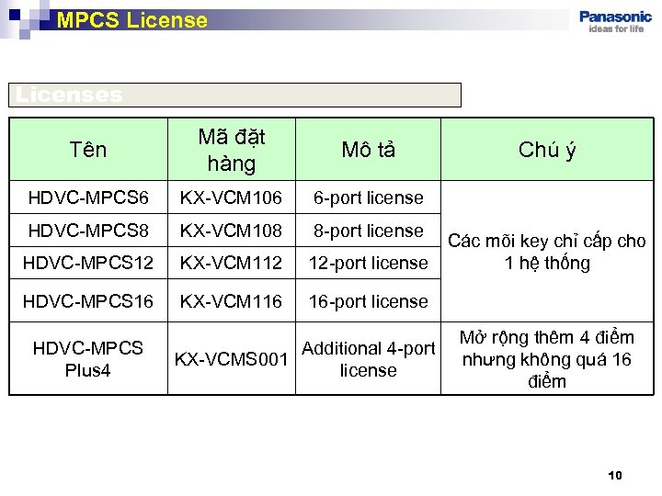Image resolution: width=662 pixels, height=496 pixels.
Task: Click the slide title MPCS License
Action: coord(132,19)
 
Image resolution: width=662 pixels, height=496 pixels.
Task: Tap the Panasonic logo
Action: coord(616,20)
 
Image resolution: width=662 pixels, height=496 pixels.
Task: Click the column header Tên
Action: coord(88,150)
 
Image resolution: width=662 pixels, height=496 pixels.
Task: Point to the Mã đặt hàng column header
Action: coord(232,150)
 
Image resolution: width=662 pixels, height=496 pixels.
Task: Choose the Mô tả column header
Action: coord(368,150)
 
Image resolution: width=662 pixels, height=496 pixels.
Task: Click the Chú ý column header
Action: coord(547,150)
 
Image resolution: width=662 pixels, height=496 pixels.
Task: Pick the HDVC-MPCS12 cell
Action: coord(86,263)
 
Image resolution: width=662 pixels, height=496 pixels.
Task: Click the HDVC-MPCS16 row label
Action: coord(86,301)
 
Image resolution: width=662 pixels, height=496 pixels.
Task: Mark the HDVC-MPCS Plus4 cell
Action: coord(88,358)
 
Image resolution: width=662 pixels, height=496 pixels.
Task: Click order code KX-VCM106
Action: coord(231,197)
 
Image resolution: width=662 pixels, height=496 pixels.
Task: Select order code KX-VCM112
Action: coord(231,263)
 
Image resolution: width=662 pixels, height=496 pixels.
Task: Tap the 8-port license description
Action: coord(368,231)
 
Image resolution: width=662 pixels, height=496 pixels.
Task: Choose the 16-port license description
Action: coord(368,301)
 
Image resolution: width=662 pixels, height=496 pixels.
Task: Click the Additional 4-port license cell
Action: coord(368,359)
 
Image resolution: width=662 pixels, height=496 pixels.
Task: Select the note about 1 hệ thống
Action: coord(547,253)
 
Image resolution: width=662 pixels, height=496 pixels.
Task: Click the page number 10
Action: coord(615,475)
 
